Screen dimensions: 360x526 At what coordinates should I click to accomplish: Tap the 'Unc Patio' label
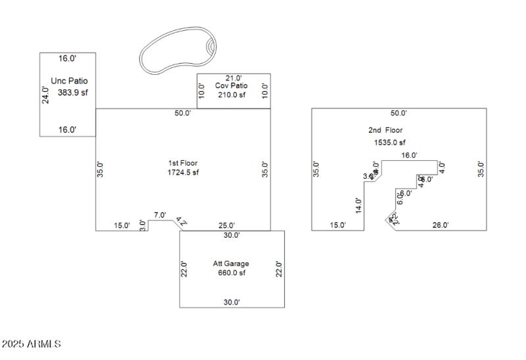pyautogui.click(x=69, y=81)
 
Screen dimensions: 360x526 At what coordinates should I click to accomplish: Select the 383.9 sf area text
pyautogui.click(x=72, y=93)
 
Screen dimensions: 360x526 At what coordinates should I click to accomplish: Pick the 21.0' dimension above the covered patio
pyautogui.click(x=233, y=78)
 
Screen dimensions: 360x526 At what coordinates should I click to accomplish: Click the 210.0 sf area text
pyautogui.click(x=231, y=95)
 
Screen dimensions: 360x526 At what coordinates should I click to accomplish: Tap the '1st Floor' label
pyautogui.click(x=183, y=163)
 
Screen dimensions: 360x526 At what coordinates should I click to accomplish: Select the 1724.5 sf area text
pyautogui.click(x=183, y=172)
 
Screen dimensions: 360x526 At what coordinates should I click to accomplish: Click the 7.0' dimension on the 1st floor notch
pyautogui.click(x=160, y=215)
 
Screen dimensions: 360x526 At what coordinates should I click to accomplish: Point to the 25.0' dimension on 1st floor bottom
pyautogui.click(x=226, y=225)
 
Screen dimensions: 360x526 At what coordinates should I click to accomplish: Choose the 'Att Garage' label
pyautogui.click(x=231, y=263)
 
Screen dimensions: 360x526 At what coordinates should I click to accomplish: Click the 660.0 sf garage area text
pyautogui.click(x=231, y=273)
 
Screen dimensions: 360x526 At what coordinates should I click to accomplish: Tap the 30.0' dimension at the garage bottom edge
pyautogui.click(x=231, y=302)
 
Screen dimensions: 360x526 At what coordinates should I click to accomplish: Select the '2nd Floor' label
pyautogui.click(x=385, y=130)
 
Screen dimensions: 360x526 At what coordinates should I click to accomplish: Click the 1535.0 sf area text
pyautogui.click(x=386, y=142)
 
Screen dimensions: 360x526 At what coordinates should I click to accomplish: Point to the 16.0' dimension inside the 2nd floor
pyautogui.click(x=409, y=156)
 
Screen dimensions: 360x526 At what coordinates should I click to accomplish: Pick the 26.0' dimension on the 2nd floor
pyautogui.click(x=440, y=225)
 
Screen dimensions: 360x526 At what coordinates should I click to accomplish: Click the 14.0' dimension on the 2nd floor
pyautogui.click(x=358, y=206)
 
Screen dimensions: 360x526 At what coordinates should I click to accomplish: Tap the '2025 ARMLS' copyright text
pyautogui.click(x=32, y=344)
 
